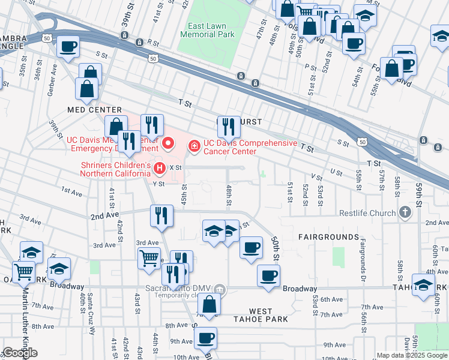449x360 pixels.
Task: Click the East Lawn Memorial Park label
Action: (x=207, y=30)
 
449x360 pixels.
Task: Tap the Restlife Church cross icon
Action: (x=406, y=212)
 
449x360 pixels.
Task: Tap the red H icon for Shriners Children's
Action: (x=160, y=167)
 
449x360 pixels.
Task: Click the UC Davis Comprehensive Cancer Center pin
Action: (x=194, y=145)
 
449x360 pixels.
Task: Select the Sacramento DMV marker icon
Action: (x=220, y=290)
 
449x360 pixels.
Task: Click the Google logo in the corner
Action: (x=20, y=353)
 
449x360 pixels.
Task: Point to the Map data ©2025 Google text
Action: (x=412, y=355)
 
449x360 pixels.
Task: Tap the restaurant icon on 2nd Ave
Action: (x=161, y=215)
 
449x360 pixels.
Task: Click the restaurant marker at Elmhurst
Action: (x=229, y=126)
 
